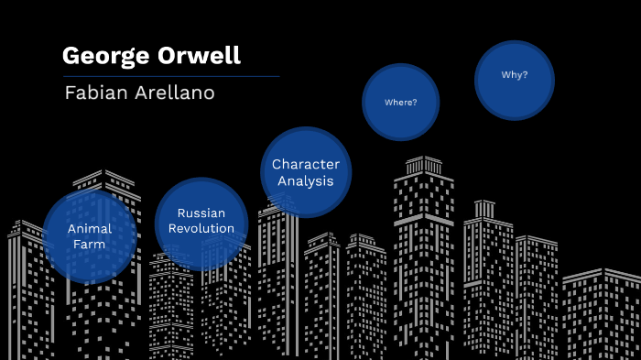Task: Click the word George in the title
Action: click(x=99, y=56)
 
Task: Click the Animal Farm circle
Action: click(x=90, y=236)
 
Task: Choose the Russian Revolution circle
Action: click(x=201, y=222)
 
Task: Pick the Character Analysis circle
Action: click(x=306, y=172)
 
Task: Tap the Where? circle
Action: click(x=401, y=102)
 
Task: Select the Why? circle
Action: click(x=515, y=80)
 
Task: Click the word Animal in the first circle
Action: click(x=90, y=229)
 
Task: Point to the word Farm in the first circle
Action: click(x=90, y=245)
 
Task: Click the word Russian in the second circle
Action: click(x=201, y=213)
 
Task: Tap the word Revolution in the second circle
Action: click(x=201, y=228)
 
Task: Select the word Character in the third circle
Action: click(x=306, y=165)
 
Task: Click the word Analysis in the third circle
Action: click(x=306, y=180)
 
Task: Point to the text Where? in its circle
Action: click(x=401, y=102)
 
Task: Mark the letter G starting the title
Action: click(x=71, y=56)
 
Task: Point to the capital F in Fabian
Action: click(x=70, y=93)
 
